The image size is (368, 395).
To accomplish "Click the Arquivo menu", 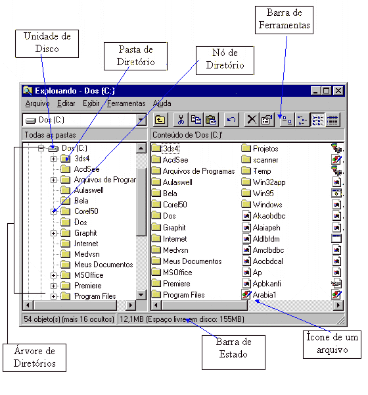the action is (37, 103).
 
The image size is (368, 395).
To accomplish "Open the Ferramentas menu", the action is (126, 103).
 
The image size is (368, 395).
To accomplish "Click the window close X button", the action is (338, 91).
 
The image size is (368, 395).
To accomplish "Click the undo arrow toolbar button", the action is (231, 120).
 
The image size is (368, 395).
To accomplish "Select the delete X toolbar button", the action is (252, 120).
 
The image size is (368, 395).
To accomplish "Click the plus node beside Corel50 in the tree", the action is (53, 211).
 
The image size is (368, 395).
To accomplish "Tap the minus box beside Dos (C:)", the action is (41, 149).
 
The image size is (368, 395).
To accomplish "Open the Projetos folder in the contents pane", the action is (260, 149).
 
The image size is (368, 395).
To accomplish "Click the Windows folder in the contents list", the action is (262, 204).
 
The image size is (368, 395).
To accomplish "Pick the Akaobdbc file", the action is (264, 216).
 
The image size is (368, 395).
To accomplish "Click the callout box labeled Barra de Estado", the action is (233, 352).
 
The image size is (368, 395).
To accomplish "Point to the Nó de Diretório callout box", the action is (225, 61).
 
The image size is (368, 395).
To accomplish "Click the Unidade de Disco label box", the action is (47, 43).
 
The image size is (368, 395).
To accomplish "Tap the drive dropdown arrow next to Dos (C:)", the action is (141, 120).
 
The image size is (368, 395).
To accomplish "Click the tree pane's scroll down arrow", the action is (141, 294).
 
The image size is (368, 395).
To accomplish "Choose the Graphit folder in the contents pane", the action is (169, 228).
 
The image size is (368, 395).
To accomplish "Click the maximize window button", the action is (326, 91).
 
